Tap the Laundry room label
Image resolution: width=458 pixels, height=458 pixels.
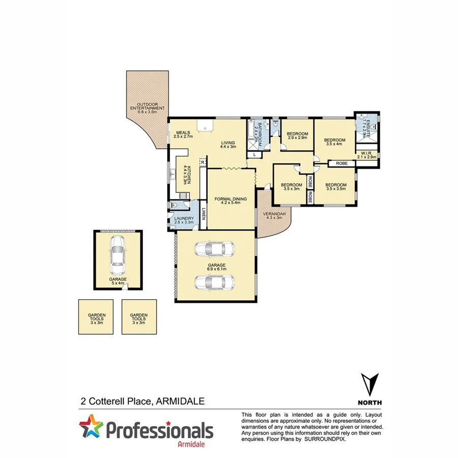click(x=184, y=220)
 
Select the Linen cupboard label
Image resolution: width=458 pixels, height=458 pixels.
click(x=204, y=217)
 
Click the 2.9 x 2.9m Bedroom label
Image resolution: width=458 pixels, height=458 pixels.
click(x=298, y=136)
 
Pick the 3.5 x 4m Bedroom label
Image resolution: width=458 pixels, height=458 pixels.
click(x=335, y=141)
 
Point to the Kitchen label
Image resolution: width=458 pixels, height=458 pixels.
click(x=189, y=175)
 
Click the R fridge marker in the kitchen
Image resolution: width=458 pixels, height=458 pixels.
click(x=202, y=162)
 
